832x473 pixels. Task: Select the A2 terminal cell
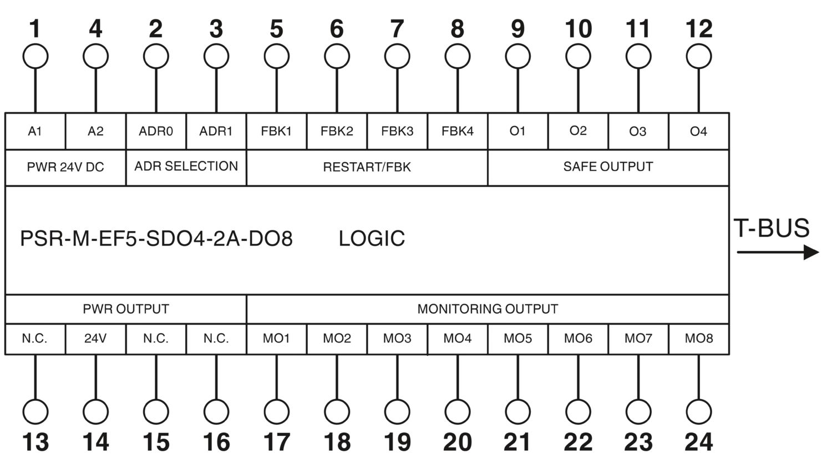(95, 131)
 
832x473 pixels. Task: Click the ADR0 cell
(156, 131)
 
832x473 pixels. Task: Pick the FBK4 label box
(457, 131)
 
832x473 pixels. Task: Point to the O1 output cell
(518, 131)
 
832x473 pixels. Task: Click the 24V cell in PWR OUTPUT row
(95, 339)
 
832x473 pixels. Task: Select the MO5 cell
(518, 339)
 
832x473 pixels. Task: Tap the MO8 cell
(699, 339)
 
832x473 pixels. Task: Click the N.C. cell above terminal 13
(35, 339)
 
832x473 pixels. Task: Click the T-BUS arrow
(778, 252)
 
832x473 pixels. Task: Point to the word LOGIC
(372, 238)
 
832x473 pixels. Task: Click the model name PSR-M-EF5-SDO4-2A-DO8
(156, 238)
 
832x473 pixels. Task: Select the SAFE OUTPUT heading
(608, 167)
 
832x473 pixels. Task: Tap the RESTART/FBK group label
(367, 167)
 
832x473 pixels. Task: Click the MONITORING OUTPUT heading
(488, 309)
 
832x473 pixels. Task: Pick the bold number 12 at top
(699, 29)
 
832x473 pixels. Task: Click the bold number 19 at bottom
(397, 442)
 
